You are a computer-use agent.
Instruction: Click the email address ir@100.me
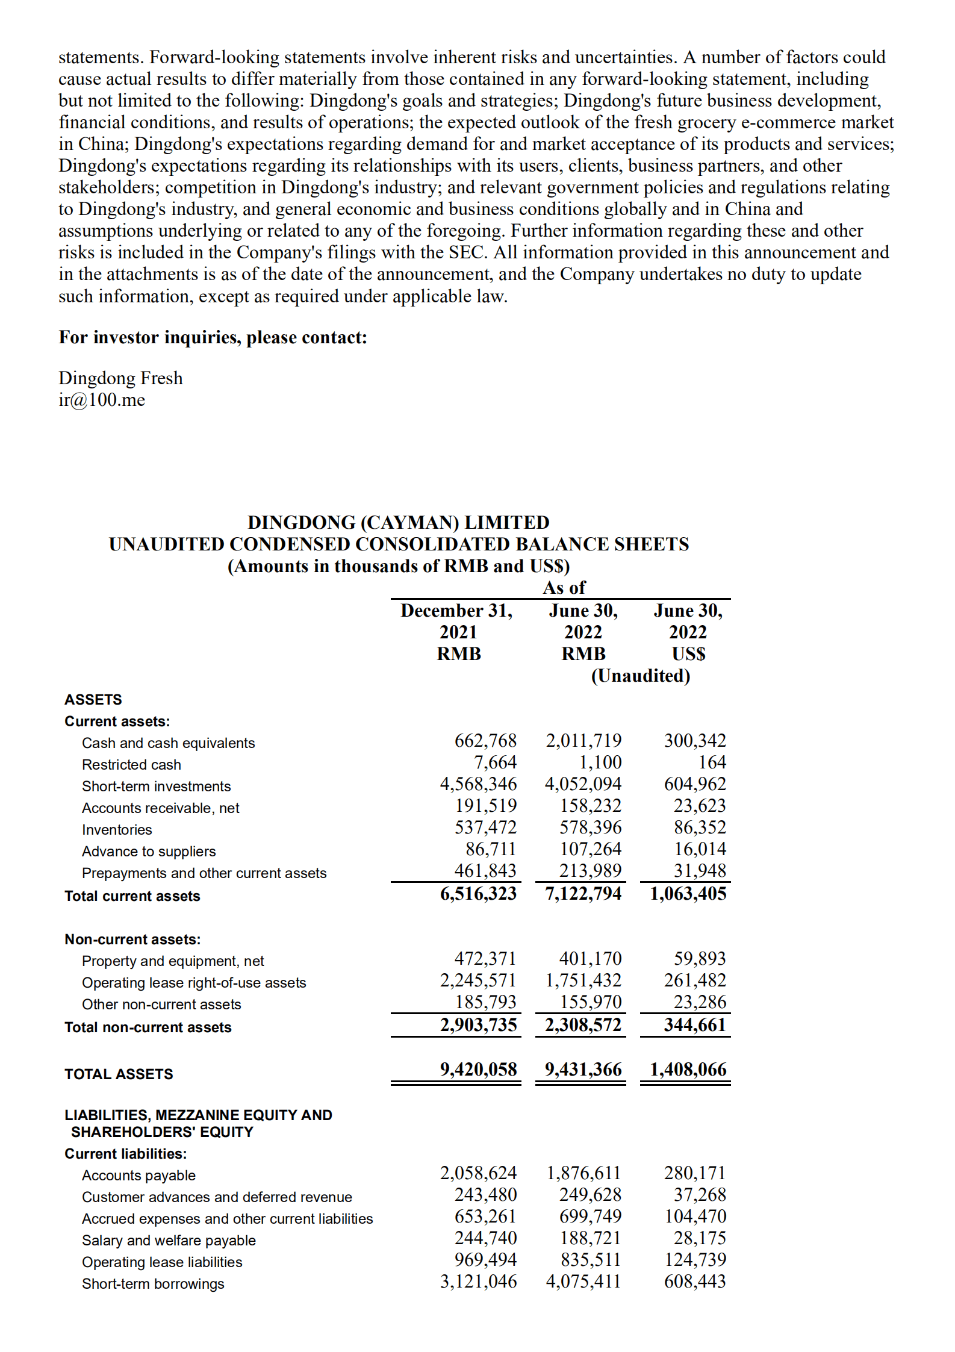pyautogui.click(x=102, y=400)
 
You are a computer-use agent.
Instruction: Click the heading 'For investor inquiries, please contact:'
pyautogui.click(x=213, y=337)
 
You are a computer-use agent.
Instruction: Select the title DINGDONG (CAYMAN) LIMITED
pyautogui.click(x=398, y=522)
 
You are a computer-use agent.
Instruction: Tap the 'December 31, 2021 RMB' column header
pyautogui.click(x=458, y=632)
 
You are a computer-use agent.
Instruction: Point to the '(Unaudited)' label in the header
pyautogui.click(x=640, y=676)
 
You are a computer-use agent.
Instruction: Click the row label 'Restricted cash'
pyautogui.click(x=131, y=765)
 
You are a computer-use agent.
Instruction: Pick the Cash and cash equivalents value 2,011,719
pyautogui.click(x=583, y=741)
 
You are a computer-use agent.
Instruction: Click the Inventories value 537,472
pyautogui.click(x=485, y=827)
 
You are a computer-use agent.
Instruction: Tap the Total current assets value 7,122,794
pyautogui.click(x=583, y=894)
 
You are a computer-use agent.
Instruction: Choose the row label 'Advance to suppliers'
pyautogui.click(x=149, y=852)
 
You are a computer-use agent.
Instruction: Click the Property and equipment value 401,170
pyautogui.click(x=589, y=959)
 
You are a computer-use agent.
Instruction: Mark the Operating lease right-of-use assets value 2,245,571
pyautogui.click(x=477, y=980)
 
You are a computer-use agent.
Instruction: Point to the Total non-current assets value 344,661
pyautogui.click(x=694, y=1025)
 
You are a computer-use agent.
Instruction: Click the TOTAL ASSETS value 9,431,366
pyautogui.click(x=583, y=1070)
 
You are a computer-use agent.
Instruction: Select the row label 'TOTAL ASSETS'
pyautogui.click(x=119, y=1074)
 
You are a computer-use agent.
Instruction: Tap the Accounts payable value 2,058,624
pyautogui.click(x=477, y=1173)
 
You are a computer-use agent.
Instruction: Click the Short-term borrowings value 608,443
pyautogui.click(x=694, y=1282)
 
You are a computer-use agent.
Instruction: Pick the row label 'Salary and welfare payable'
pyautogui.click(x=169, y=1241)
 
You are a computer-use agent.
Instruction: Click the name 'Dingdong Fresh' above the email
pyautogui.click(x=120, y=378)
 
